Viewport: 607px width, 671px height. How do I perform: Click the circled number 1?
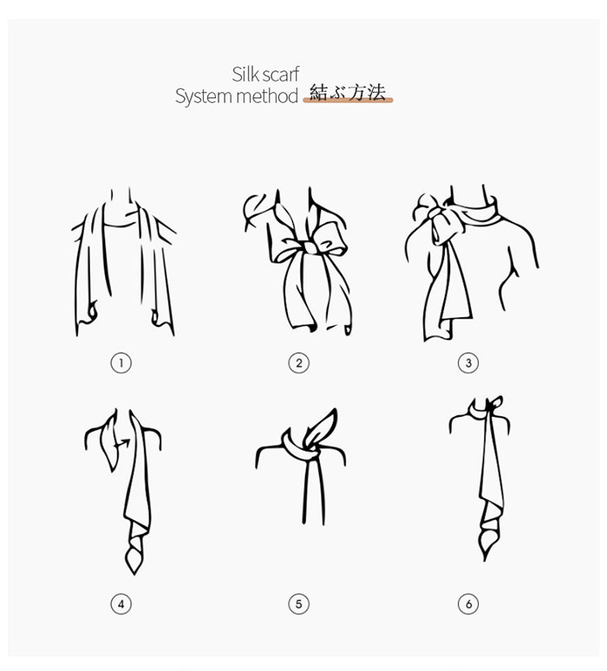coord(121,363)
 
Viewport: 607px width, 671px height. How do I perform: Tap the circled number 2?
coord(299,363)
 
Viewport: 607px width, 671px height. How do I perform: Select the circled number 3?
coord(468,363)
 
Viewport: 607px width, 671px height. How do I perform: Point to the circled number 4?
coord(121,604)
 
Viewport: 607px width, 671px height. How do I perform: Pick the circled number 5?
coord(299,604)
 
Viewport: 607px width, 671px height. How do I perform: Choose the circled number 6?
coord(468,604)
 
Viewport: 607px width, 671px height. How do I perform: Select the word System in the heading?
coord(204,96)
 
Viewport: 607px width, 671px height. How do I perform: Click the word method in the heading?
coord(267,96)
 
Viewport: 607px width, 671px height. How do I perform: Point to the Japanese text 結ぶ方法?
coord(348,93)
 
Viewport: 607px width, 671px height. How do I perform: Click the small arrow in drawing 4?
coord(122,443)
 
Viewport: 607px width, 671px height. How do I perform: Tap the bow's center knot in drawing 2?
coord(310,247)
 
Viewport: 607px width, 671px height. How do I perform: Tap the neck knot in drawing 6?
coord(487,407)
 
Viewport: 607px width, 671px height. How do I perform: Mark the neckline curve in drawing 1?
coord(121,225)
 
